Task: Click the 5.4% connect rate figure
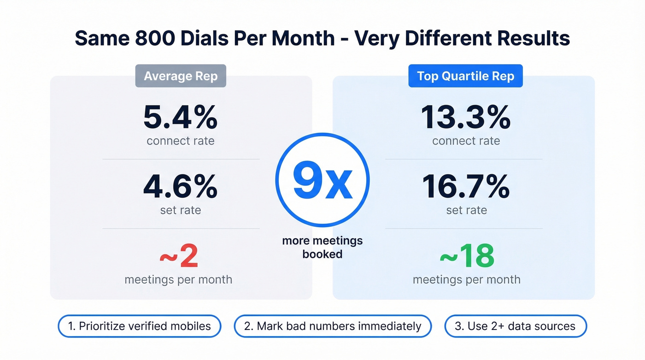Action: [180, 118]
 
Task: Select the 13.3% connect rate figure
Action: [466, 118]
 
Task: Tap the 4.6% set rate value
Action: [180, 187]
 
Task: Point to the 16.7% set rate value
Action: [466, 187]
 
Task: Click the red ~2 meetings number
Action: [179, 256]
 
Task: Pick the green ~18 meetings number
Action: [466, 256]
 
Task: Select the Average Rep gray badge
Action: [181, 76]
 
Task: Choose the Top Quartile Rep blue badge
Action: [465, 76]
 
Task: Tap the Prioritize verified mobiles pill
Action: [140, 326]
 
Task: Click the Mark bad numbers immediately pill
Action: [333, 326]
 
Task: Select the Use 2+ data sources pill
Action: [515, 326]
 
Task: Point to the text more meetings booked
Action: [322, 247]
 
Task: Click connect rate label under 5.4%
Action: [180, 141]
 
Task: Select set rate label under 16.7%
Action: [466, 210]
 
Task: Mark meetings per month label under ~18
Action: [466, 279]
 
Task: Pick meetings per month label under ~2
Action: [178, 279]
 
